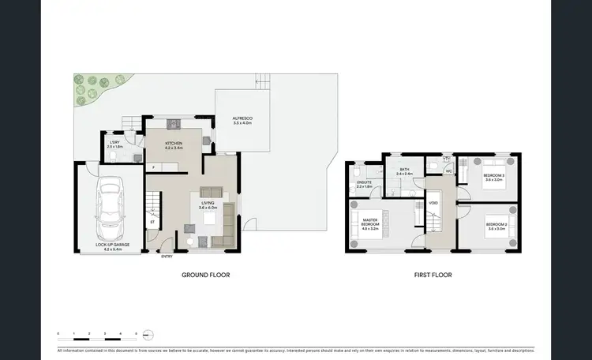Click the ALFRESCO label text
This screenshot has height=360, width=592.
tap(242, 120)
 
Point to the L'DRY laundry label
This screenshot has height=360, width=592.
tap(114, 144)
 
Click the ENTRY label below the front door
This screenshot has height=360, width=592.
tap(167, 257)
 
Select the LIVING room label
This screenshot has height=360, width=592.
tap(208, 205)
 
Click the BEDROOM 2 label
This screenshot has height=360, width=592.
tap(496, 227)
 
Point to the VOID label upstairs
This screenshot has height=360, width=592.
tap(433, 203)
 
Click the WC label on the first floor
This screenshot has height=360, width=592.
tap(448, 171)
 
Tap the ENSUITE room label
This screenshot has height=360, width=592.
tap(364, 185)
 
